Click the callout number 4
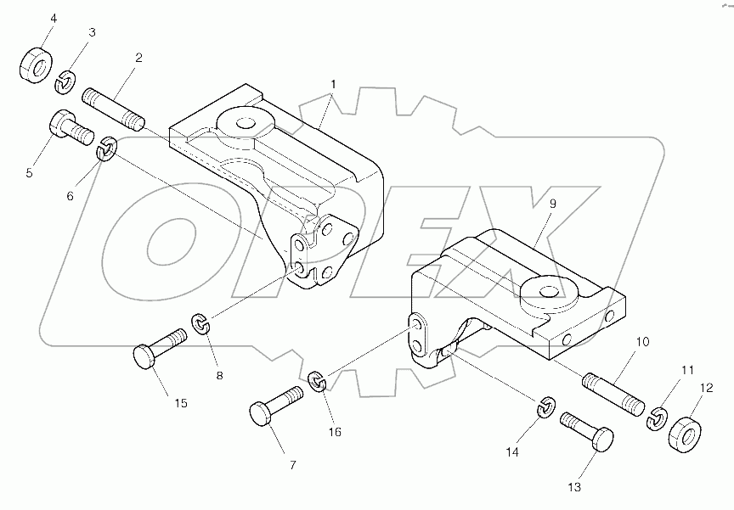click(x=30, y=19)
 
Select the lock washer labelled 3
click(x=66, y=82)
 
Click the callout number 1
click(x=334, y=84)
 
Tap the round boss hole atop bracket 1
click(x=246, y=123)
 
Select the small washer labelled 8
click(x=202, y=323)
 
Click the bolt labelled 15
click(x=159, y=348)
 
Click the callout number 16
click(x=335, y=431)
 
